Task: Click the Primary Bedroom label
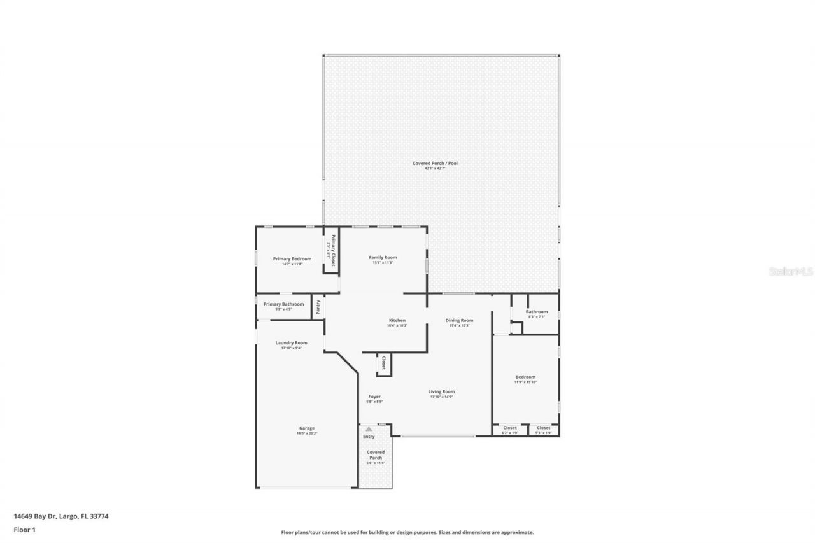coord(292,259)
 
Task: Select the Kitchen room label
coord(397,321)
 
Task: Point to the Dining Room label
coord(459,321)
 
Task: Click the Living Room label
coord(441,392)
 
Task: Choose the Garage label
coord(307,428)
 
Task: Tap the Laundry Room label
coord(291,343)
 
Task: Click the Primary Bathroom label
coord(283,304)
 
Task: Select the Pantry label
coord(318,307)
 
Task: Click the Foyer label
coord(374,397)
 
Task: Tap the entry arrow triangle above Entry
coord(369,429)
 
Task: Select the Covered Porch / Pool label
coord(435,164)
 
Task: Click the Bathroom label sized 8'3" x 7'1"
coord(537,312)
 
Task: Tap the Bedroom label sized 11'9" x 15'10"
coord(525,377)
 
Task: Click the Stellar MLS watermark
coord(791,271)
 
